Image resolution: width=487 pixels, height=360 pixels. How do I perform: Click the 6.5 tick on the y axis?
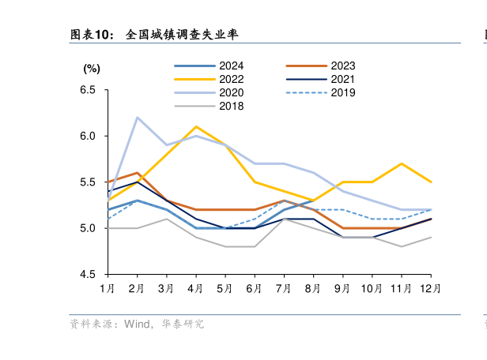click(88, 90)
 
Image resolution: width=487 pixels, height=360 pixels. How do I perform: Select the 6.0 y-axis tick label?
click(88, 136)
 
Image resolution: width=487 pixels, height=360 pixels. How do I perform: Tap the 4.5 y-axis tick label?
click(88, 274)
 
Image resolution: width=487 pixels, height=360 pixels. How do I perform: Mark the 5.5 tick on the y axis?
click(88, 182)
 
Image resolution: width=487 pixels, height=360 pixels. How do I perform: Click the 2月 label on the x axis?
click(137, 289)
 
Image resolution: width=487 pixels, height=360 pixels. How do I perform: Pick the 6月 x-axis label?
click(254, 289)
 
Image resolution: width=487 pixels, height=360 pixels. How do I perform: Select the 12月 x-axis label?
click(429, 289)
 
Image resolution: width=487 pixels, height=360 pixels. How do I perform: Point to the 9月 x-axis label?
click(342, 289)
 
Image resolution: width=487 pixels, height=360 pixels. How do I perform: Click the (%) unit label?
click(92, 69)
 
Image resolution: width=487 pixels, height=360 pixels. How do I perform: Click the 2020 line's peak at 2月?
click(138, 118)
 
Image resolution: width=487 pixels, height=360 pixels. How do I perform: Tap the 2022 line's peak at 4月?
click(196, 126)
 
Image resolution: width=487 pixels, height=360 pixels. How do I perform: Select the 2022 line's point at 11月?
click(401, 163)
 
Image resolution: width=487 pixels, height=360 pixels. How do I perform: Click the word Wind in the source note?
click(136, 324)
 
